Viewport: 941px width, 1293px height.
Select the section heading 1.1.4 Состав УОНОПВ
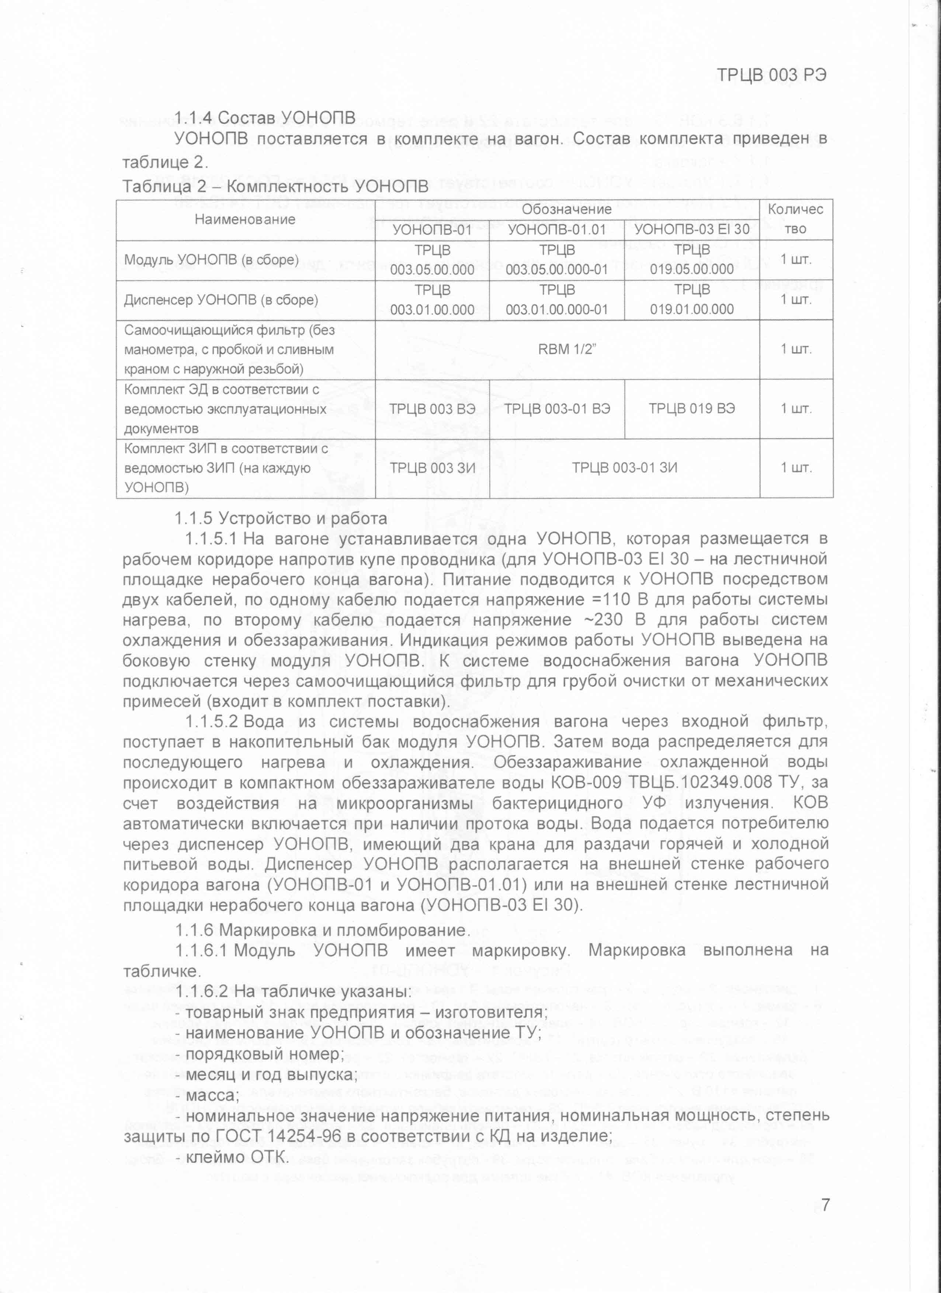265,118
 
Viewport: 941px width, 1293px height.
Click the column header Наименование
245,219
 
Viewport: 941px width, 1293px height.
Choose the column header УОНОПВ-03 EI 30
692,229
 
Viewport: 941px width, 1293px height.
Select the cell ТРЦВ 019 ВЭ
692,408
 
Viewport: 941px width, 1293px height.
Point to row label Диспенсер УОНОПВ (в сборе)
221,300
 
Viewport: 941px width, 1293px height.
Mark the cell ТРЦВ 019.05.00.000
692,260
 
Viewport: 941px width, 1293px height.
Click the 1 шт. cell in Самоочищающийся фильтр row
796,349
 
